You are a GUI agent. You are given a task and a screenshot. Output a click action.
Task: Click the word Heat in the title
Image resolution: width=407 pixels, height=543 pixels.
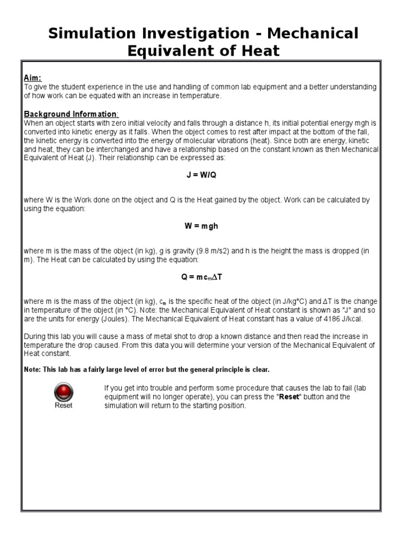coord(256,51)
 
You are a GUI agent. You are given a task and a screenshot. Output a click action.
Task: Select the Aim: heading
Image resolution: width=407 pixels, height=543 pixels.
coord(33,78)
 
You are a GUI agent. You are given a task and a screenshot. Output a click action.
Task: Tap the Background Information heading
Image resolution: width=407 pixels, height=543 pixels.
coord(70,114)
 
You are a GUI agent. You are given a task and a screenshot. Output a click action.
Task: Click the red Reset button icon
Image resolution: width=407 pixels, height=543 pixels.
coord(64,393)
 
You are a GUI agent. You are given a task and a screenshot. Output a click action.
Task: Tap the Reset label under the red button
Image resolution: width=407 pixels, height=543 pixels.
coord(64,406)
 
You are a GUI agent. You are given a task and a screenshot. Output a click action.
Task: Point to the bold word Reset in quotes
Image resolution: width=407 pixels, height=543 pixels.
coord(289,397)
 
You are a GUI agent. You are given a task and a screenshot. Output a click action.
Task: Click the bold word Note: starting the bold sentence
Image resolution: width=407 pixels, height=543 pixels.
coord(33,369)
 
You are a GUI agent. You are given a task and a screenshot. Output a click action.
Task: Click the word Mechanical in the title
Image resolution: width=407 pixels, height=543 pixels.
coord(312,33)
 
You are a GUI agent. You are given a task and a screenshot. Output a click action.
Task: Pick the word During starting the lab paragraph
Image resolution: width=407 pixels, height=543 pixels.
coord(35,337)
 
